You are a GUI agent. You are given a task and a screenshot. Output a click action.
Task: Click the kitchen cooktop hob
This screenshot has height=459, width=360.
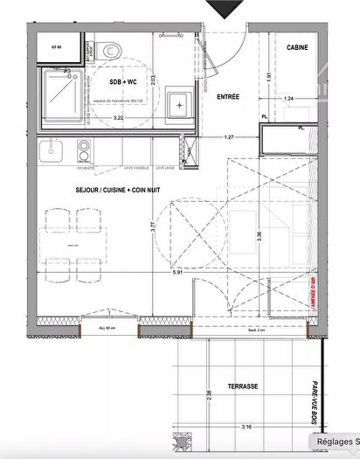pos(84,153)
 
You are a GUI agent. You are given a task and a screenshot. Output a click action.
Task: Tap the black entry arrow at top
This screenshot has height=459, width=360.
pos(228,9)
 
